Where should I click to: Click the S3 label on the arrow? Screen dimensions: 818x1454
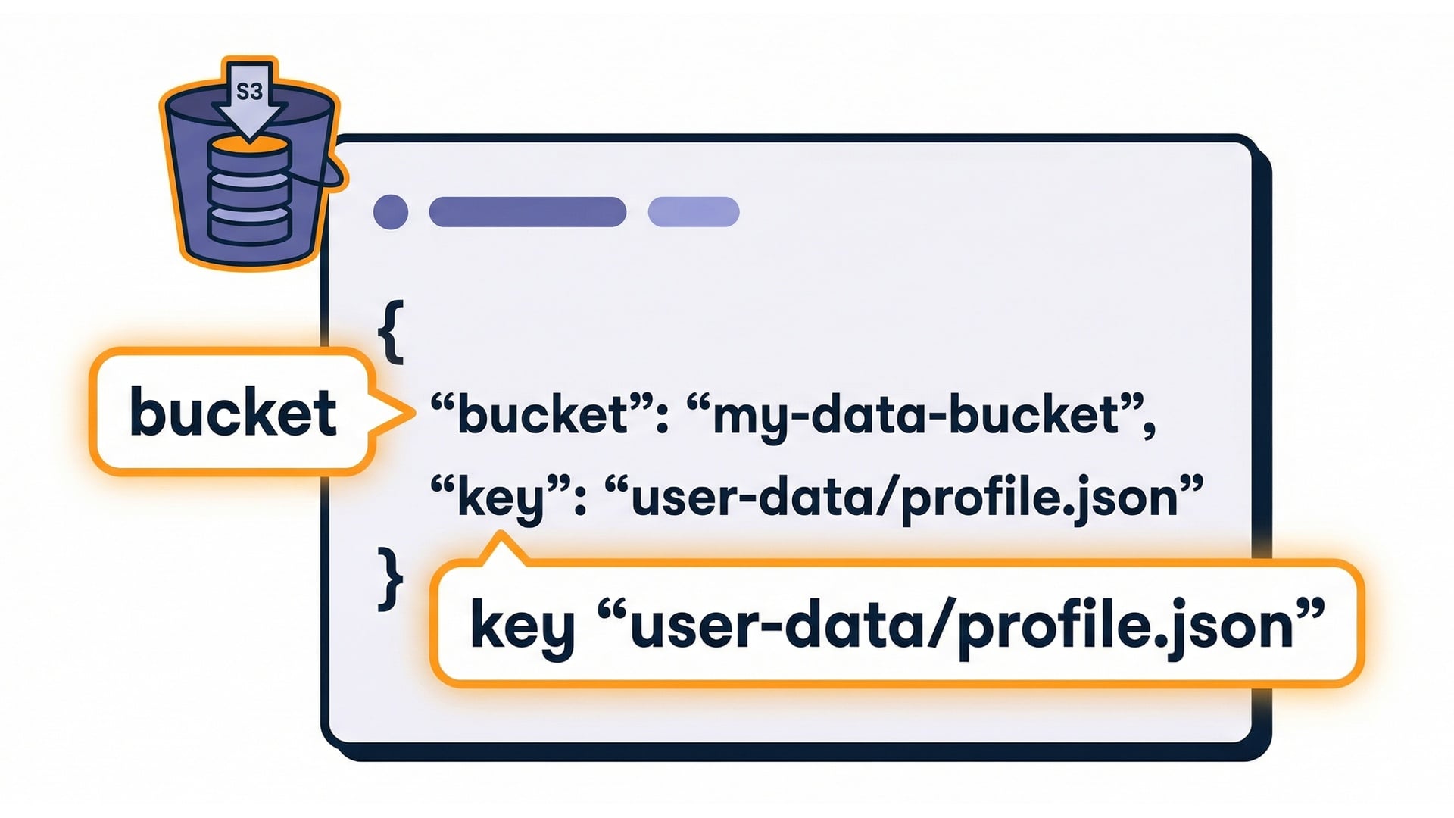[x=249, y=92]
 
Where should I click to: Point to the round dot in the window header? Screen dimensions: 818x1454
[x=391, y=211]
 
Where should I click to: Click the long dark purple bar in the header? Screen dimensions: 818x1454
[x=527, y=211]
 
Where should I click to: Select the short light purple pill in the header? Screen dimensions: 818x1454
[x=693, y=211]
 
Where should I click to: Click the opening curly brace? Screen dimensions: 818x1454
[x=391, y=331]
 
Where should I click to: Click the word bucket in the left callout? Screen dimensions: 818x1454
[x=233, y=413]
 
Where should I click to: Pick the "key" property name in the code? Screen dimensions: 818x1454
[x=501, y=498]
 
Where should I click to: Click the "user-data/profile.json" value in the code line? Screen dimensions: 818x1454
[x=904, y=498]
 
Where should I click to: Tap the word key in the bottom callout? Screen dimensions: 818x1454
[x=522, y=626]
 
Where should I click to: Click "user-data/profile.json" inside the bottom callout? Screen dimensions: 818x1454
[x=961, y=626]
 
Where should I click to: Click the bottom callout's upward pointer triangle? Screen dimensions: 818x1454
[x=501, y=547]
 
